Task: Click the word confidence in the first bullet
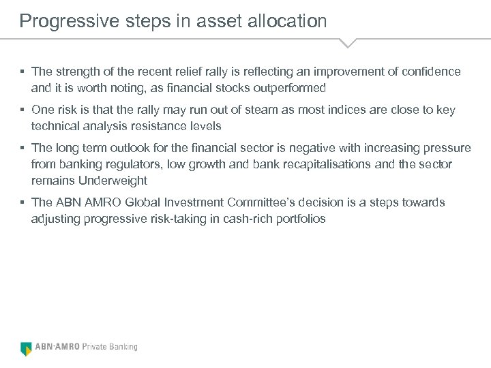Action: pyautogui.click(x=429, y=72)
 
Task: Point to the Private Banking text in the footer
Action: pyautogui.click(x=110, y=347)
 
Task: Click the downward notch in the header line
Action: pyautogui.click(x=348, y=44)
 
